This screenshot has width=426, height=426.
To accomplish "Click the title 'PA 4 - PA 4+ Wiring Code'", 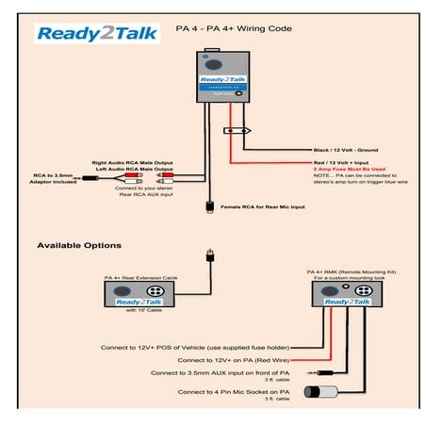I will [233, 29].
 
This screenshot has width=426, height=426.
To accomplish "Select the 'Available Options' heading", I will [78, 246].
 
